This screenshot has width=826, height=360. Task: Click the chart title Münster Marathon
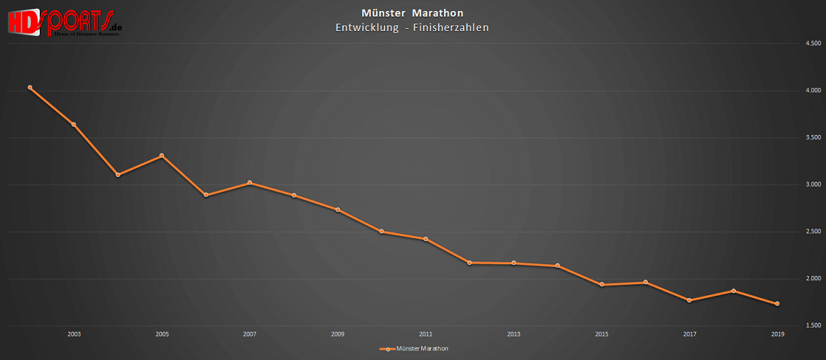[x=412, y=13]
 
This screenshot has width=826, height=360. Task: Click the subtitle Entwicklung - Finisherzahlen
[x=412, y=28]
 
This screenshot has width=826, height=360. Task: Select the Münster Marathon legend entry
[x=414, y=349]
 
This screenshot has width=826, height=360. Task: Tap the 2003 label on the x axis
[x=74, y=335]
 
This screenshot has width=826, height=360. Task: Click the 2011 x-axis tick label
[x=425, y=335]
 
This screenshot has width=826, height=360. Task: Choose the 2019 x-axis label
[x=777, y=335]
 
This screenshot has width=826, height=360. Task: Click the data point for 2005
[x=162, y=156]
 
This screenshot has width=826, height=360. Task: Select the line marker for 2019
[x=777, y=304]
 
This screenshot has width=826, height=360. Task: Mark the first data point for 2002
[x=30, y=87]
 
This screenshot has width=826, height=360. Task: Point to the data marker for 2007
[x=250, y=182]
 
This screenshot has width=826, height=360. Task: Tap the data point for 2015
[x=602, y=284]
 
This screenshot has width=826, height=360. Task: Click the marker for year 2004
[x=118, y=175]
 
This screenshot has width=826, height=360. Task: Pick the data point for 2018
[x=734, y=290]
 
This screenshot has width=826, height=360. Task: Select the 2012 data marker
[x=469, y=262]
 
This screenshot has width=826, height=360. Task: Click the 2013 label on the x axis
[x=513, y=335]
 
